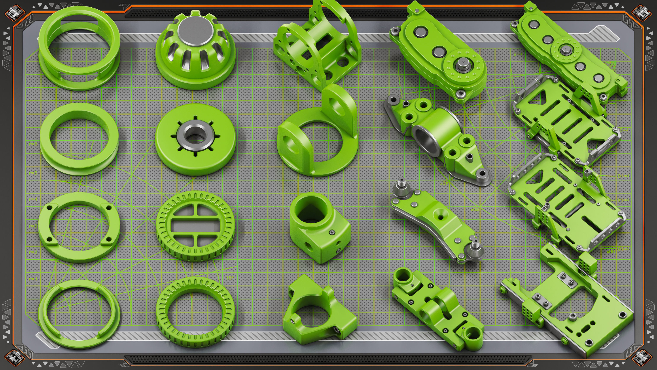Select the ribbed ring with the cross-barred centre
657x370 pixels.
195,226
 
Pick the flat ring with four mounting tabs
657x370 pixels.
79,227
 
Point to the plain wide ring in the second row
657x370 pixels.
79,139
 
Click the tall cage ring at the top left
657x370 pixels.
79,47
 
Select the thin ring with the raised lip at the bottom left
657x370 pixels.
79,314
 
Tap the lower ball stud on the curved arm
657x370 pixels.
475,249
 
